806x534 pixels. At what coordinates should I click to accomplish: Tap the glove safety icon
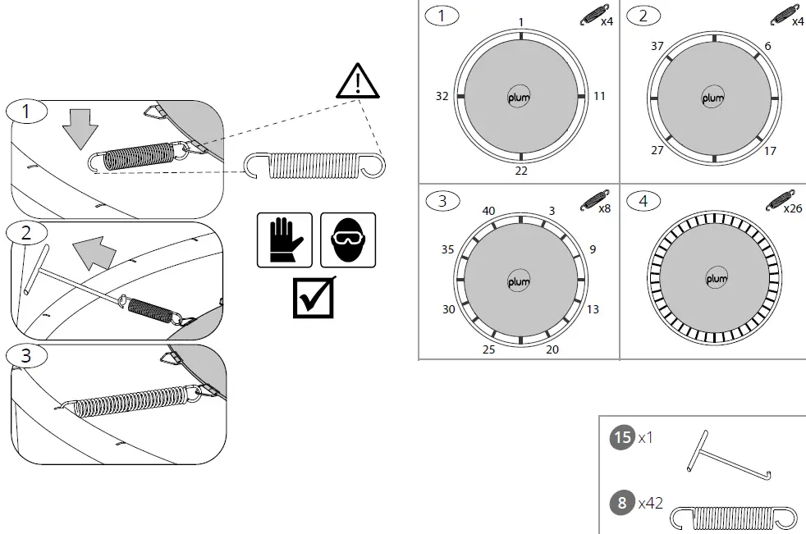[x=284, y=240]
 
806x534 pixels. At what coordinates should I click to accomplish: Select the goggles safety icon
[x=347, y=240]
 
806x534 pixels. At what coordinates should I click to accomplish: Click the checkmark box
[x=314, y=298]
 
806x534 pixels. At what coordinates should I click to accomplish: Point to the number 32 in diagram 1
[x=442, y=96]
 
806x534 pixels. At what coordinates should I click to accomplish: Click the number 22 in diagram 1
[x=521, y=171]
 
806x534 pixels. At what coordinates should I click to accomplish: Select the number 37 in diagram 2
[x=657, y=47]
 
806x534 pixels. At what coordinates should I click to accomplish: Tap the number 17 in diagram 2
[x=769, y=151]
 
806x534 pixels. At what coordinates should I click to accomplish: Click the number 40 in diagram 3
[x=488, y=212]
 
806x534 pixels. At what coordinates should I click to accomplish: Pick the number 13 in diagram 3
[x=593, y=309]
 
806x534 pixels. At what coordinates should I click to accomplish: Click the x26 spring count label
[x=793, y=208]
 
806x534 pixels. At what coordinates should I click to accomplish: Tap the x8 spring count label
[x=603, y=208]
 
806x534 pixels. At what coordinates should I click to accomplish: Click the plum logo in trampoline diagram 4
[x=716, y=280]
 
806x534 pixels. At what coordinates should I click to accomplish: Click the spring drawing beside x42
[x=735, y=517]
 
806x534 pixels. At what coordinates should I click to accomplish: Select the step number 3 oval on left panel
[x=27, y=356]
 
